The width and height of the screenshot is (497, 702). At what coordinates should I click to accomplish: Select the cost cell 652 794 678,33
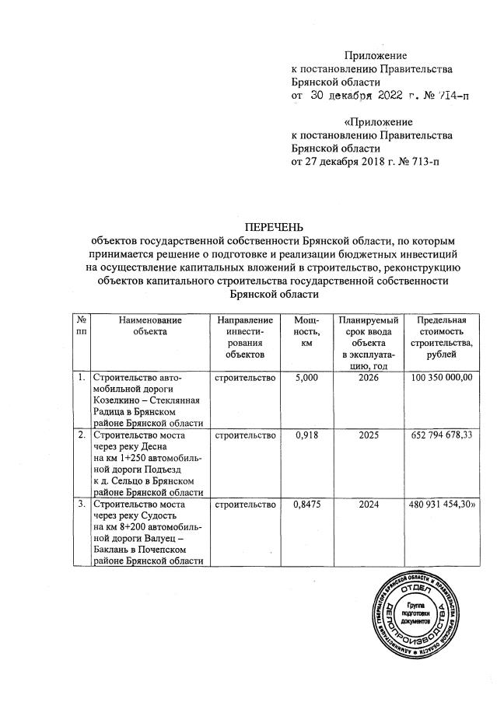click(440, 434)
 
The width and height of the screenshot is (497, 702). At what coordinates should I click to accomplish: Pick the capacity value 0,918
click(303, 434)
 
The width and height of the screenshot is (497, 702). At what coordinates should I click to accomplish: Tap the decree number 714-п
click(454, 96)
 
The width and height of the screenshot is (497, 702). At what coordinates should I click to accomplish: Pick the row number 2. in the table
click(81, 434)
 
